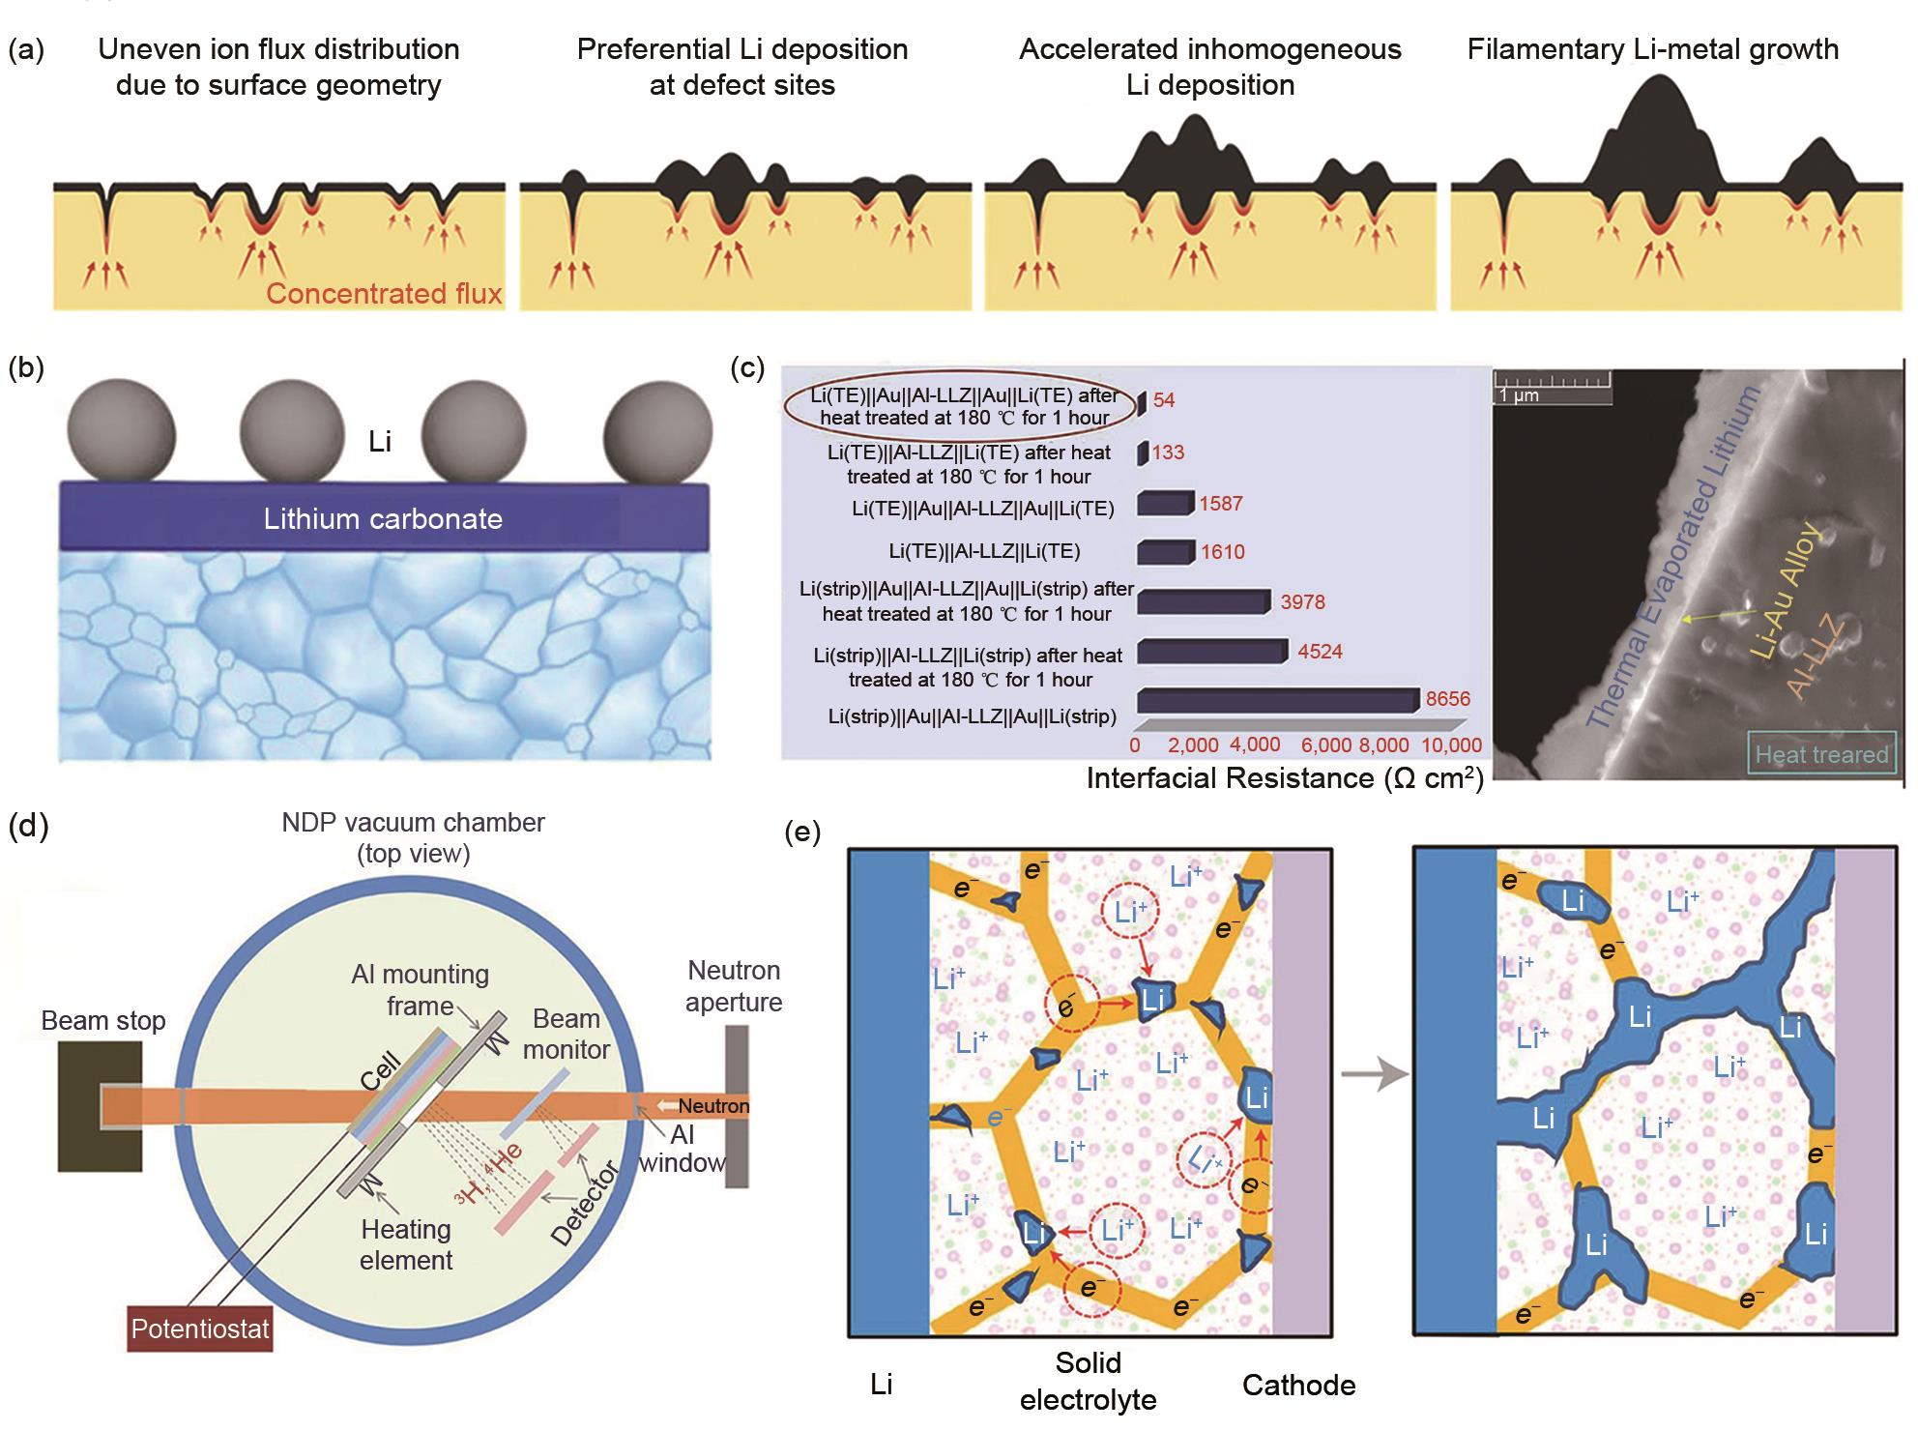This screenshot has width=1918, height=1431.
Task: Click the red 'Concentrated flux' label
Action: (x=384, y=293)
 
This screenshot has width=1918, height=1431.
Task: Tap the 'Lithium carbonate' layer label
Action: (x=383, y=518)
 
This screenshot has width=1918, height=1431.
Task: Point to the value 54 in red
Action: (x=1164, y=400)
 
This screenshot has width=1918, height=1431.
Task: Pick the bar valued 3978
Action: (x=1203, y=602)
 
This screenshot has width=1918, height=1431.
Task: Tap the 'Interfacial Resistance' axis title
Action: (x=1284, y=778)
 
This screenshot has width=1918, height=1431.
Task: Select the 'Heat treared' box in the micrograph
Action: (x=1821, y=754)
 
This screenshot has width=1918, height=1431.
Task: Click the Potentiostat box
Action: (x=200, y=1329)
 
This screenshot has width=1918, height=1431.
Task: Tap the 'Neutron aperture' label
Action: (x=734, y=986)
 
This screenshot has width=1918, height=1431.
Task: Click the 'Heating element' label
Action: (x=406, y=1244)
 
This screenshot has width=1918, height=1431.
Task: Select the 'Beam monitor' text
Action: (x=567, y=1034)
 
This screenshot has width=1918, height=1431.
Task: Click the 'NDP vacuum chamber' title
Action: (x=413, y=823)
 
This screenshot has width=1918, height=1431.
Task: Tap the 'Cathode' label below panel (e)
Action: (x=1298, y=1385)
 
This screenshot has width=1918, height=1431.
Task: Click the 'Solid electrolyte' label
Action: (x=1088, y=1381)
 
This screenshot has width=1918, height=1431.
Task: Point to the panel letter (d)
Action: (x=27, y=827)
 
